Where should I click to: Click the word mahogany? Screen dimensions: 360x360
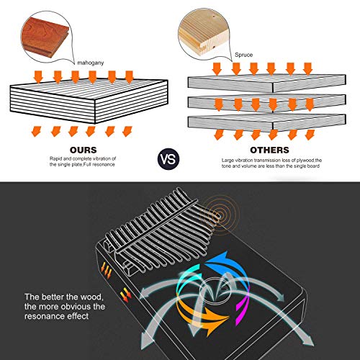(x=91, y=63)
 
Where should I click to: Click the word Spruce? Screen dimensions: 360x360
(x=243, y=55)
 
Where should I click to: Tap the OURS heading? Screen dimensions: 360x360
(x=84, y=150)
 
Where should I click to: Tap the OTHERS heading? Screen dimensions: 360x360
(x=269, y=150)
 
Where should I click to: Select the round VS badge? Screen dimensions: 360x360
(x=168, y=159)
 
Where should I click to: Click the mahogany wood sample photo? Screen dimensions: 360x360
(x=45, y=37)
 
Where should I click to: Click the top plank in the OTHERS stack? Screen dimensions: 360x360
(x=266, y=84)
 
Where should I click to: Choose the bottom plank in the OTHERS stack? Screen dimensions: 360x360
(x=266, y=123)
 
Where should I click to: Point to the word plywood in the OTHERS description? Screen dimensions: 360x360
(x=305, y=161)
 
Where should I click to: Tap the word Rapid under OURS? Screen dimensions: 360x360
(x=55, y=159)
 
